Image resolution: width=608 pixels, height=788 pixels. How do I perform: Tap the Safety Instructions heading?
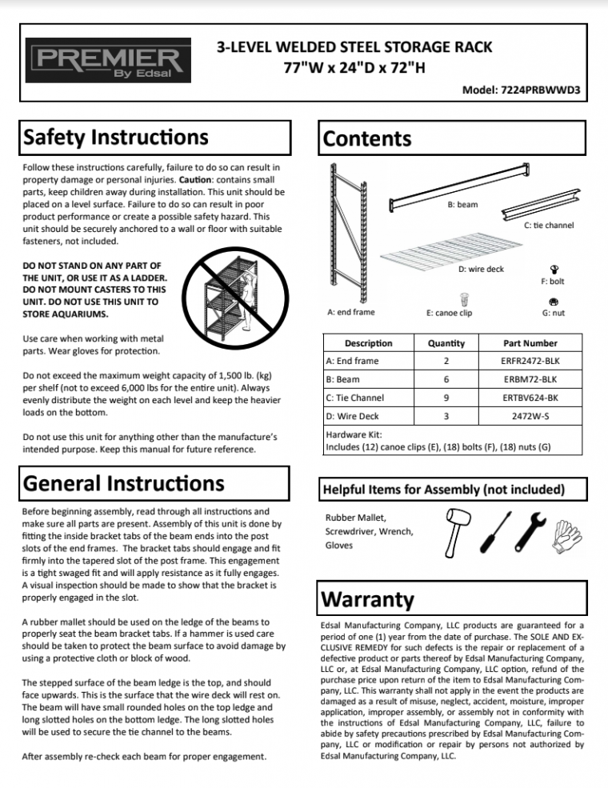[x=117, y=138]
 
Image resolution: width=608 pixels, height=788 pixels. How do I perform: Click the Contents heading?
[x=367, y=138]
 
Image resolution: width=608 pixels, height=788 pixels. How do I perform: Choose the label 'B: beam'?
[x=462, y=205]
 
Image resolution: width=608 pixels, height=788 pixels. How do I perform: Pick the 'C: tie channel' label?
[x=549, y=226]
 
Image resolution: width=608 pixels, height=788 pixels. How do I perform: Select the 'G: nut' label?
[x=553, y=313]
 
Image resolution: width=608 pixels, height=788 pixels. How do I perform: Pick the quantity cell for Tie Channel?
[x=446, y=398]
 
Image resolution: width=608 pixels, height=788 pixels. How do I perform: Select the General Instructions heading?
[x=124, y=483]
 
